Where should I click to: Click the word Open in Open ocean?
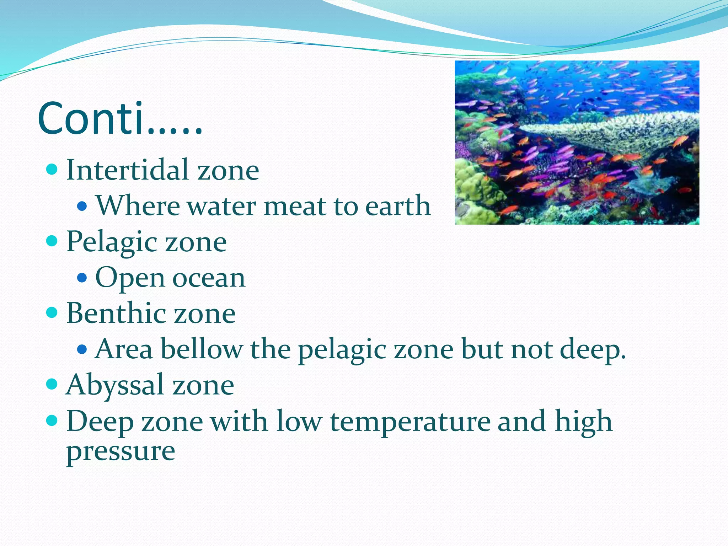click(130, 278)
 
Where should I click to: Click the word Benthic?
click(116, 313)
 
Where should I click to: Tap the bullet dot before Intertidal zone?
click(52, 170)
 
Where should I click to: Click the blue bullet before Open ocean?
click(82, 277)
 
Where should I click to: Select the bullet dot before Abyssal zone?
click(52, 384)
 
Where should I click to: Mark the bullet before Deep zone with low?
click(52, 421)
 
